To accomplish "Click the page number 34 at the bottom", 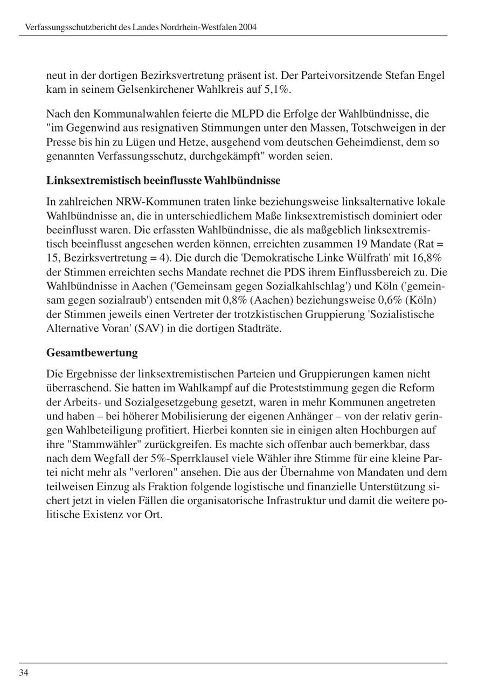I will tap(24, 672).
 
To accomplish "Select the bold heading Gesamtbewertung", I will tap(92, 353).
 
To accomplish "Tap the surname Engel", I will tap(430, 75).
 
